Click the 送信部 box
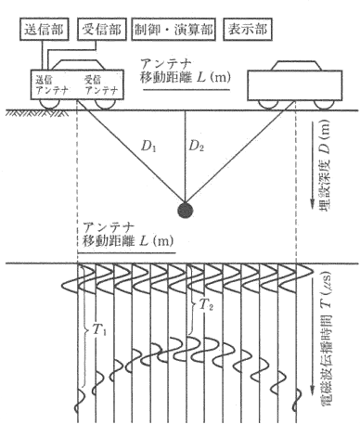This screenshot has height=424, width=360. click(x=45, y=30)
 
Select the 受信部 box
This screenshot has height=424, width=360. click(x=102, y=30)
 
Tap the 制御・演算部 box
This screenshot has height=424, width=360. click(x=174, y=30)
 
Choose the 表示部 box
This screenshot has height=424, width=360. click(x=248, y=30)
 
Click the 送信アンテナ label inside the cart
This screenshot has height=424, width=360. click(x=52, y=85)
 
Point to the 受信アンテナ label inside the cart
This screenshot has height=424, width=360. click(x=101, y=85)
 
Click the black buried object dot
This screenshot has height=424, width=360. click(x=186, y=211)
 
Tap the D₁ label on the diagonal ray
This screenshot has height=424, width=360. click(x=148, y=146)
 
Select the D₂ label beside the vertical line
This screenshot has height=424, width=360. click(x=197, y=146)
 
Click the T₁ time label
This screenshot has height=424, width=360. click(x=99, y=331)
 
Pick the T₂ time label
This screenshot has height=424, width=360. click(x=206, y=305)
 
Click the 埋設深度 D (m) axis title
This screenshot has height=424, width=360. click(x=325, y=163)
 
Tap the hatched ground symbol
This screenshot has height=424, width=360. click(x=37, y=113)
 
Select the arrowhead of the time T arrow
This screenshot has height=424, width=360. click(x=313, y=391)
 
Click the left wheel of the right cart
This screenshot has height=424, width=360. click(x=268, y=105)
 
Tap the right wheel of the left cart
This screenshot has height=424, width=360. click(x=105, y=104)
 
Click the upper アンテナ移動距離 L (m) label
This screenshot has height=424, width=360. click(x=186, y=71)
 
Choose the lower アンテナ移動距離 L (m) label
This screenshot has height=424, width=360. click(x=128, y=234)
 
